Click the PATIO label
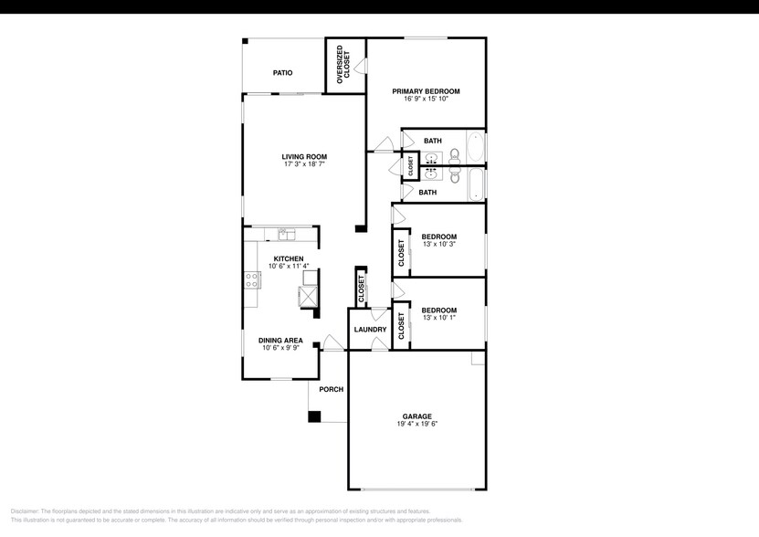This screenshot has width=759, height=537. click(283, 72)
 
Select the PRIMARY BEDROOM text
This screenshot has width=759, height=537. click(426, 91)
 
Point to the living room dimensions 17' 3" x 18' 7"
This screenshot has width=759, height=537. click(304, 164)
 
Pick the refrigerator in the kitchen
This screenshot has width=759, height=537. click(308, 296)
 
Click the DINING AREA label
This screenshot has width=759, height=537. click(280, 340)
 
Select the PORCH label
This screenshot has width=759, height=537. click(331, 389)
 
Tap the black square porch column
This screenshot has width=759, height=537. click(314, 416)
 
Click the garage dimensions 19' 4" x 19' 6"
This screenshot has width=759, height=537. click(416, 424)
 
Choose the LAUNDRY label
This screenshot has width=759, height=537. click(370, 330)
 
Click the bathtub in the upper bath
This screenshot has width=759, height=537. click(476, 148)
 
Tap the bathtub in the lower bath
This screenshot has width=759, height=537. click(476, 184)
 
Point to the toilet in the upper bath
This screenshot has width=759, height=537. click(454, 157)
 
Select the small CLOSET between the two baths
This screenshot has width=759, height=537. click(411, 166)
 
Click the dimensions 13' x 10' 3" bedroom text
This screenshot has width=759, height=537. click(438, 245)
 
